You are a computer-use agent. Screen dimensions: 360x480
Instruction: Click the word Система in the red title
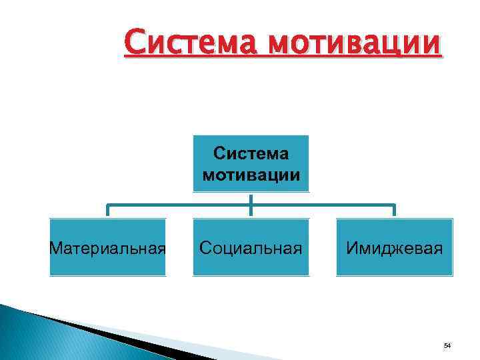[188, 45]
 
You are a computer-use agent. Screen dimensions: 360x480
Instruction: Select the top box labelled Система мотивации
[251, 163]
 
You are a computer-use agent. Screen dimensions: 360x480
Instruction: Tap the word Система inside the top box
[251, 154]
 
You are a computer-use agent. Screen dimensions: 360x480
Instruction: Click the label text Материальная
[108, 249]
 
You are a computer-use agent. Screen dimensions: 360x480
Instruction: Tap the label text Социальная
[251, 249]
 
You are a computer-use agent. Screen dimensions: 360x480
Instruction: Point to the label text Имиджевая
[394, 249]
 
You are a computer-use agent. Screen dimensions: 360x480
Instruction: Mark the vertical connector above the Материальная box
[108, 211]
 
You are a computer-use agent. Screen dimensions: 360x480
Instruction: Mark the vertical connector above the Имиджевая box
[394, 211]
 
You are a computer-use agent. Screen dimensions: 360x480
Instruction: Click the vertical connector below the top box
[251, 198]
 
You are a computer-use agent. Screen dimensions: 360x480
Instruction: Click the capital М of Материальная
[56, 249]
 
